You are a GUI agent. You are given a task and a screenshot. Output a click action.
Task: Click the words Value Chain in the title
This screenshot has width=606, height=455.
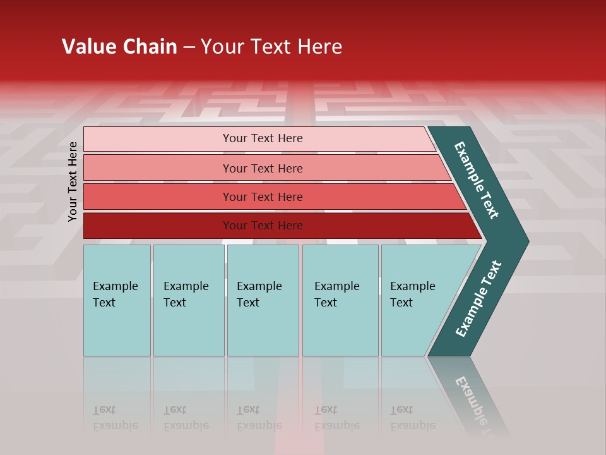click(119, 47)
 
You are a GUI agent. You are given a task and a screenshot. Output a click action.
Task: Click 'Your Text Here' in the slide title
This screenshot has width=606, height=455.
click(271, 47)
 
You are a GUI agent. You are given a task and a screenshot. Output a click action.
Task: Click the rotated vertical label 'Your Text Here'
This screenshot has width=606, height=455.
click(73, 182)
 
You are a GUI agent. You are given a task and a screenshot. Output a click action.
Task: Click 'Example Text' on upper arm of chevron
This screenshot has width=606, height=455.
click(477, 180)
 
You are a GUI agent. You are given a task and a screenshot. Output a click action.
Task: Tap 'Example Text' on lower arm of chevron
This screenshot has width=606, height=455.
click(478, 299)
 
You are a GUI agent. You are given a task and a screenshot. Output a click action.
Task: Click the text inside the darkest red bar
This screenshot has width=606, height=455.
click(263, 226)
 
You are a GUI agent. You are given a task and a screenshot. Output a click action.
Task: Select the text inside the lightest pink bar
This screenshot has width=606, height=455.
click(263, 138)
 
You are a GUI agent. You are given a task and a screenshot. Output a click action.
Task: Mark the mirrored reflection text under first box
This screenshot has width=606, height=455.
click(115, 418)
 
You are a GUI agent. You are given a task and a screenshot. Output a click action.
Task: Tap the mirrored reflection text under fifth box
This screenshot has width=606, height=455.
click(412, 418)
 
